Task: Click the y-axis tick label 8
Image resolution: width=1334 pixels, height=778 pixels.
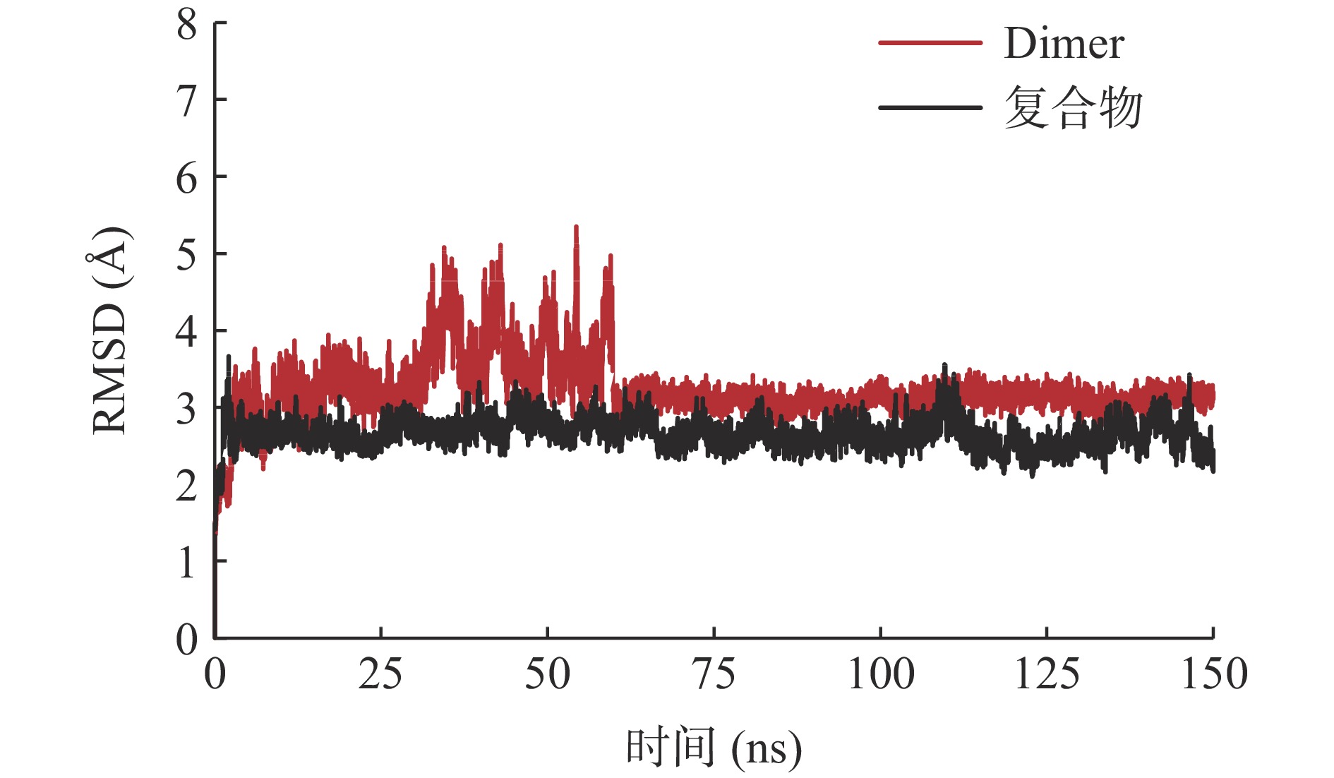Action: pyautogui.click(x=187, y=25)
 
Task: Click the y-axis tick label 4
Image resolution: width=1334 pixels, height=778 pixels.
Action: pyautogui.click(x=187, y=331)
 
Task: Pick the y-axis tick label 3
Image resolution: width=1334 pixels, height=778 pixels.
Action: pyautogui.click(x=187, y=409)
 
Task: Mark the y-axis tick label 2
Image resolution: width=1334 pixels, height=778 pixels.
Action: pyautogui.click(x=187, y=486)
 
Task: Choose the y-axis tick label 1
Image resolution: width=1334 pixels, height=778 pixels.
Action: pyautogui.click(x=187, y=563)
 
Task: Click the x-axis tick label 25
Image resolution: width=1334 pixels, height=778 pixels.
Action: pyautogui.click(x=380, y=674)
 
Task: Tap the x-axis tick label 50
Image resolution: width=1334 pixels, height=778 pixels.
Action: pyautogui.click(x=547, y=674)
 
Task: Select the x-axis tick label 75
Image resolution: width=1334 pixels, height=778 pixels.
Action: pyautogui.click(x=714, y=674)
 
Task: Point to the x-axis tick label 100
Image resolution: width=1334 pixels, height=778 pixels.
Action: pyautogui.click(x=881, y=674)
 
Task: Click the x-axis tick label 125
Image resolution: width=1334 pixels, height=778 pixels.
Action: pyautogui.click(x=1047, y=674)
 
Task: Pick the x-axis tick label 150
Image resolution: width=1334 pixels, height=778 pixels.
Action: pyautogui.click(x=1214, y=674)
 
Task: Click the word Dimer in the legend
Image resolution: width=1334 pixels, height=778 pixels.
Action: pyautogui.click(x=1064, y=44)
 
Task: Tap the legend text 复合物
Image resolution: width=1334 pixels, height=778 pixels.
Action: pyautogui.click(x=1073, y=108)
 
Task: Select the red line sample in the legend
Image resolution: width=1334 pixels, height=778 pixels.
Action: pyautogui.click(x=930, y=43)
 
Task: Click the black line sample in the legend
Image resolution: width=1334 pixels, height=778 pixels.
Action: pyautogui.click(x=930, y=108)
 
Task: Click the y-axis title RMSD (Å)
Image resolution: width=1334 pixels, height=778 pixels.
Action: pyautogui.click(x=110, y=330)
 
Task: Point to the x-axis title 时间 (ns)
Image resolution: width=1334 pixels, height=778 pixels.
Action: pyautogui.click(x=714, y=748)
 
